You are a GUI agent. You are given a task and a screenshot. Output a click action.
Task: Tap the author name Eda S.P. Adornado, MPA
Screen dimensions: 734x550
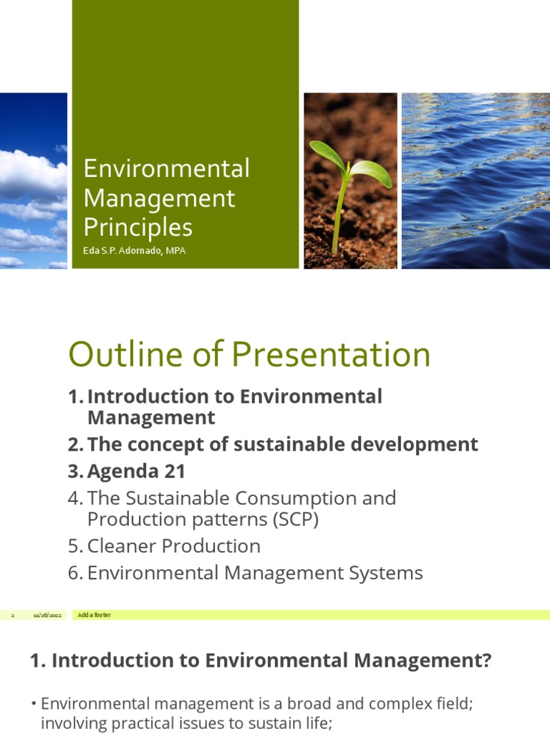click(134, 251)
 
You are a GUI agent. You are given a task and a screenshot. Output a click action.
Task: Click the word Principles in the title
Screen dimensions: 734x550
click(137, 227)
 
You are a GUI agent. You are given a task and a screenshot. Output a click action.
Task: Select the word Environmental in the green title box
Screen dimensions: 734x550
click(166, 169)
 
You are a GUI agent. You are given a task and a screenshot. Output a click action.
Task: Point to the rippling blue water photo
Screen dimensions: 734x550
click(475, 180)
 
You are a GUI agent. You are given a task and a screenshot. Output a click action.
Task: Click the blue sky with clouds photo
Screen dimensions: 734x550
click(33, 180)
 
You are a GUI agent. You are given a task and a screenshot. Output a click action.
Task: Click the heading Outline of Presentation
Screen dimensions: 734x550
click(249, 355)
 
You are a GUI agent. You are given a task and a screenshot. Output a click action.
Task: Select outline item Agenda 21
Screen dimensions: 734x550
click(136, 471)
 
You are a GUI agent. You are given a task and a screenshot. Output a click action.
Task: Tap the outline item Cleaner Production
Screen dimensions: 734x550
click(173, 545)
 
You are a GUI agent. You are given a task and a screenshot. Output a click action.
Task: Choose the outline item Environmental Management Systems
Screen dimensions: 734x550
click(255, 573)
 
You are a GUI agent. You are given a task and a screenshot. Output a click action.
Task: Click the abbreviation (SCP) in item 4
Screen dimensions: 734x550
click(295, 520)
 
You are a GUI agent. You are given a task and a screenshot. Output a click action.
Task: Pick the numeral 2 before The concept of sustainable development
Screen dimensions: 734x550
click(74, 444)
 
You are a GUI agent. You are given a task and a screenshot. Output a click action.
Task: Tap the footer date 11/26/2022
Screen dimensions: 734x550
click(47, 616)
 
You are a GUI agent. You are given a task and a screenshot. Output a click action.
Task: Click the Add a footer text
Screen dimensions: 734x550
click(95, 615)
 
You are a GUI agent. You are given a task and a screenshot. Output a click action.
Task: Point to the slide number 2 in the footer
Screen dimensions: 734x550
click(12, 616)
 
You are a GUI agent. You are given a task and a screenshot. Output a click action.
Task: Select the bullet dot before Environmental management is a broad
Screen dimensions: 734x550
click(34, 704)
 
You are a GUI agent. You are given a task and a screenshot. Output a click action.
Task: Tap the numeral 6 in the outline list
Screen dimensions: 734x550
click(74, 573)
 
